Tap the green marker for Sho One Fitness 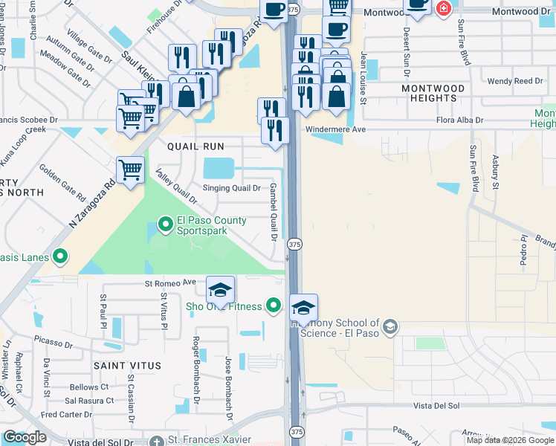[274, 306]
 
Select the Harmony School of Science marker [390, 327]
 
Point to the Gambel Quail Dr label [273, 212]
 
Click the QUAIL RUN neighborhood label [195, 146]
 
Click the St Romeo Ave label [169, 282]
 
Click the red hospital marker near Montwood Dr [444, 8]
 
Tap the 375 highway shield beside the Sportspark [295, 244]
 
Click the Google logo [25, 437]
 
